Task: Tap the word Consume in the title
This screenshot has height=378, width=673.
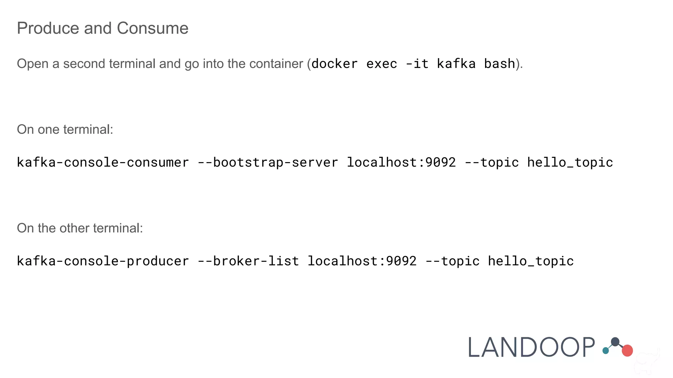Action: [x=152, y=28]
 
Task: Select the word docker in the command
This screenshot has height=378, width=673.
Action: [x=335, y=64]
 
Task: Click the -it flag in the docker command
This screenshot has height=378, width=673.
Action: [x=417, y=64]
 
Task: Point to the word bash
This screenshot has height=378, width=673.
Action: [x=499, y=64]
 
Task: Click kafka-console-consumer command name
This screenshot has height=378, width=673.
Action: [x=103, y=162]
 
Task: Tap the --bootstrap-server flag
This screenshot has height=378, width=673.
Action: [x=268, y=162]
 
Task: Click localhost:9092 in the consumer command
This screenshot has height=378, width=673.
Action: [x=401, y=162]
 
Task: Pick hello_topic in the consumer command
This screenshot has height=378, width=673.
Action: [x=570, y=162]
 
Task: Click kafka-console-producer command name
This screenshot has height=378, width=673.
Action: [x=103, y=261]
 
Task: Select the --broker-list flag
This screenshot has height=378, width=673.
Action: [x=248, y=261]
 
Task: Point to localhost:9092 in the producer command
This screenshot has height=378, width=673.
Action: [x=362, y=261]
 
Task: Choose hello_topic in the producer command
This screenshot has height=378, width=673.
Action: [x=531, y=261]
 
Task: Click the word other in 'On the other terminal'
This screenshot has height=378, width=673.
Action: [x=74, y=228]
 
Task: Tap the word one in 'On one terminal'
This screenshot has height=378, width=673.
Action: [x=49, y=130]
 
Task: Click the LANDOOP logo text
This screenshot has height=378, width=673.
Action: [x=531, y=347]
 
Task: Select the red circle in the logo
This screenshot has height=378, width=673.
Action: [x=627, y=350]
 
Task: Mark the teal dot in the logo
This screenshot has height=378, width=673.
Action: [x=606, y=351]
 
